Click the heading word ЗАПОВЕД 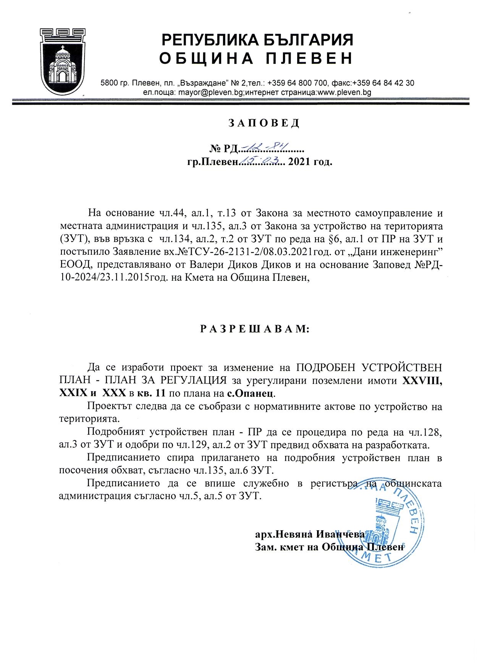point(264,123)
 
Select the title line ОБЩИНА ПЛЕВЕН point(256,58)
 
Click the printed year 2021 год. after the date point(311,162)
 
